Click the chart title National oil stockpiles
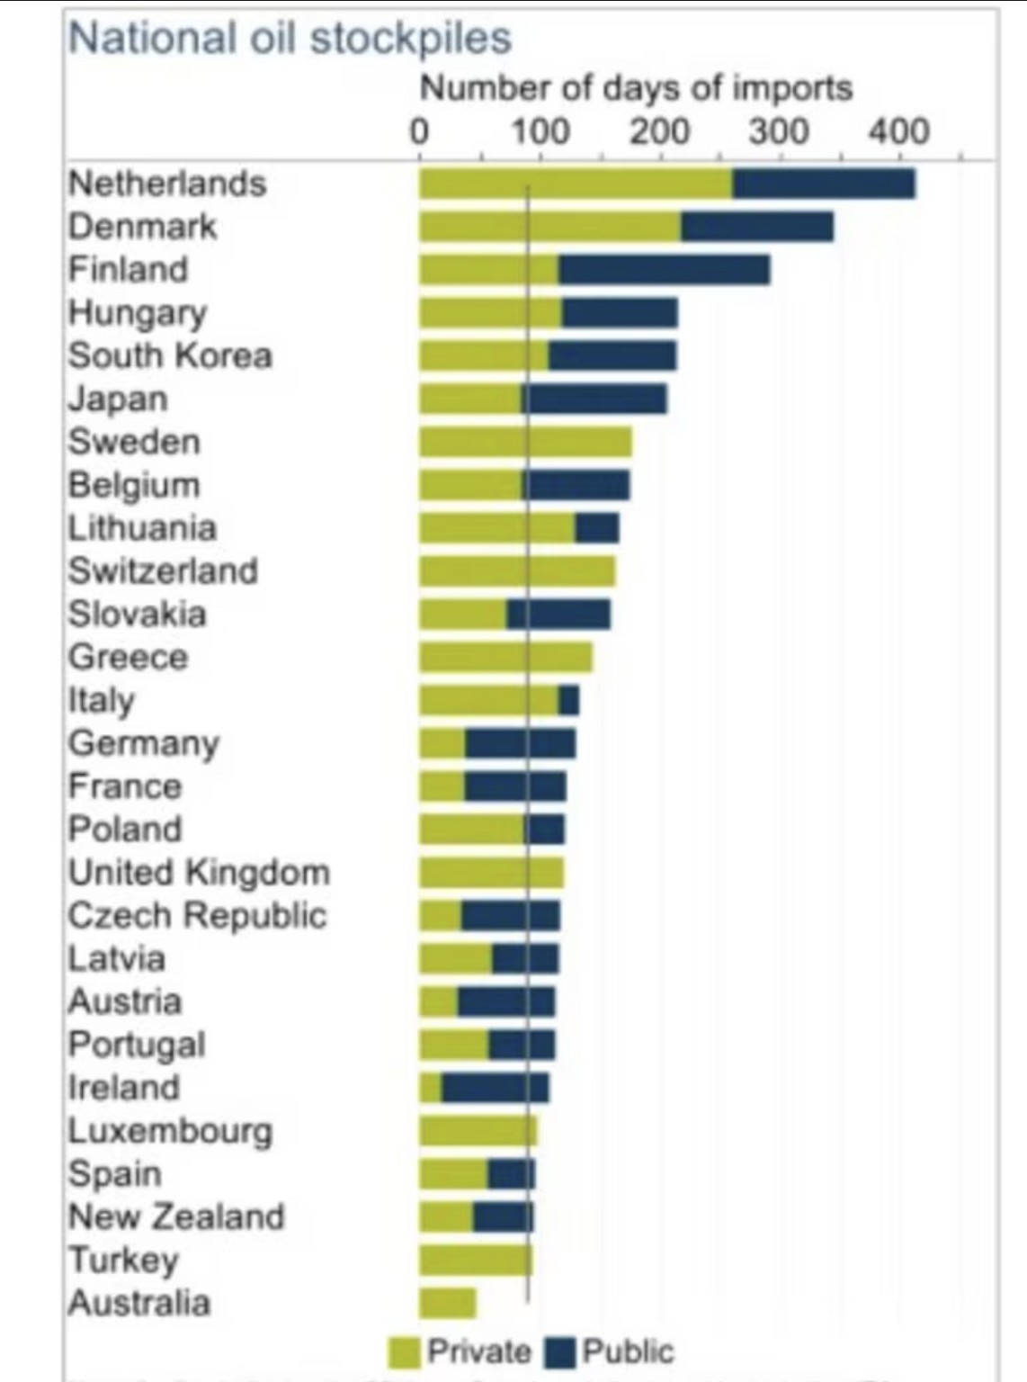(290, 39)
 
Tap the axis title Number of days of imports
(636, 88)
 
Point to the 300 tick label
(780, 132)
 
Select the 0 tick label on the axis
(419, 132)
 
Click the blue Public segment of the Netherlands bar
(824, 184)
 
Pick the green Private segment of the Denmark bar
(549, 227)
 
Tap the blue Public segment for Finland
(664, 270)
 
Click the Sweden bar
(525, 442)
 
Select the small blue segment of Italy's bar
(568, 700)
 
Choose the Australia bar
(447, 1303)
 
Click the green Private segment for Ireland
(431, 1088)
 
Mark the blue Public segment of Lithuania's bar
(597, 528)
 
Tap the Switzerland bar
(517, 571)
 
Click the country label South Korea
(170, 355)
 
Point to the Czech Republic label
(197, 915)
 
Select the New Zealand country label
(176, 1216)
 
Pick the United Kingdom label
(200, 873)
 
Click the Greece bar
(505, 657)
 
